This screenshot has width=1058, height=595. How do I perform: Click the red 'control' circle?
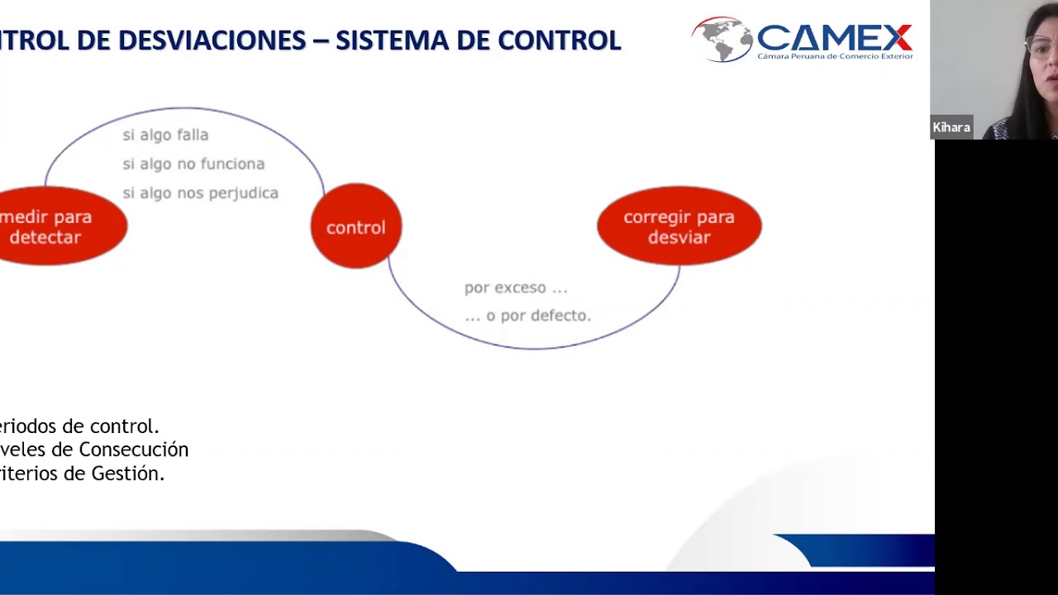pos(355,226)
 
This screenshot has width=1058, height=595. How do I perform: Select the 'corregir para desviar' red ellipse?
pos(679,226)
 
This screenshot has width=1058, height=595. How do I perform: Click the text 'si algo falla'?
pos(165,135)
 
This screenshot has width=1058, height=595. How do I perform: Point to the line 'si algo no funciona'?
pos(193,164)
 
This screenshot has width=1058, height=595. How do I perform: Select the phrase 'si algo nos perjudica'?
pos(200,193)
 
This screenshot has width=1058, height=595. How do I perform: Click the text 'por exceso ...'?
pos(516,288)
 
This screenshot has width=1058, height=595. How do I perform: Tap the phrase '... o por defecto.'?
pos(527,316)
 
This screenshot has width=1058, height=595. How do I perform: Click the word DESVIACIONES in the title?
pos(212,40)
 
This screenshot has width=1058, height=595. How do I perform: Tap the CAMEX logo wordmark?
pos(833,36)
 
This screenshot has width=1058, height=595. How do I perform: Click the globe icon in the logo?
pos(721,39)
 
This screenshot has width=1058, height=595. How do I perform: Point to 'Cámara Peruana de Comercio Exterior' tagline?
pos(835,56)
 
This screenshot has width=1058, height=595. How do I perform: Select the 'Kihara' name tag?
pos(951,127)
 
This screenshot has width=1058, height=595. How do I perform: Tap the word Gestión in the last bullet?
pos(131,474)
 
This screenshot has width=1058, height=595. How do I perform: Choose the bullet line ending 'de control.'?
pos(79,426)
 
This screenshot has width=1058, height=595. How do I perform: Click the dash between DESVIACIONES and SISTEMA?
pos(320,40)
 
